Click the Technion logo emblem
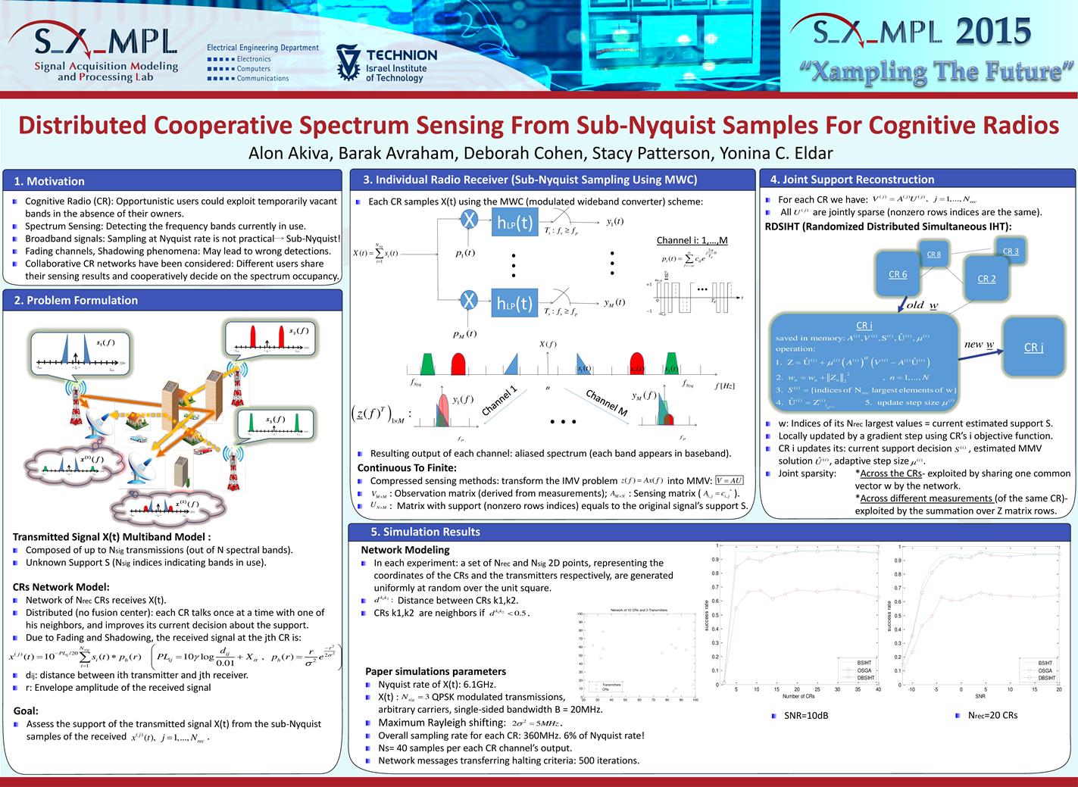348,64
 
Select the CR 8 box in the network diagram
933,255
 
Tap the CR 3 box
1011,251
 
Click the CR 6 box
898,274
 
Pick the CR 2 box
986,279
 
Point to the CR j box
1033,347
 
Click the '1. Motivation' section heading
49,181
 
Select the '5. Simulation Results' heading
426,532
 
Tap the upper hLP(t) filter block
514,222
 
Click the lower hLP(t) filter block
514,303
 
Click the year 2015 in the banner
993,32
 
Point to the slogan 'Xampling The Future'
938,71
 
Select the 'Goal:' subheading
26,710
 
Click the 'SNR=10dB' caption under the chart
805,715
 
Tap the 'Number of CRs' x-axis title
798,695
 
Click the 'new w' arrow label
979,345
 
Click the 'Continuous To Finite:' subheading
407,467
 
